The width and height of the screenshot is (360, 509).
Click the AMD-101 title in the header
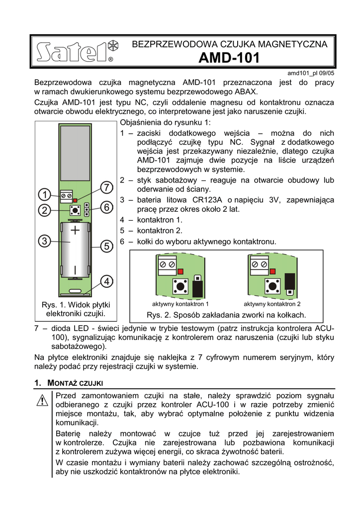(x=229, y=58)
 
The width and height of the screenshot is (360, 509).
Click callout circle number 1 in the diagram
(x=44, y=194)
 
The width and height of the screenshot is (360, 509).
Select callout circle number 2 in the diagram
(x=44, y=210)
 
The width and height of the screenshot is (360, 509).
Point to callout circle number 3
(x=44, y=241)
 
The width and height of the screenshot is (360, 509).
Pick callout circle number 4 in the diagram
(x=106, y=281)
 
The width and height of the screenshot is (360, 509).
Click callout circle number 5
(x=106, y=246)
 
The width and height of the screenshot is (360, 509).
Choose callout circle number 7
(x=106, y=187)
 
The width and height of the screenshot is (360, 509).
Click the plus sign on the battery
(x=75, y=230)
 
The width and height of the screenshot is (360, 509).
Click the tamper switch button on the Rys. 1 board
(x=75, y=210)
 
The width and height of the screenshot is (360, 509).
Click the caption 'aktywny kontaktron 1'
(x=180, y=304)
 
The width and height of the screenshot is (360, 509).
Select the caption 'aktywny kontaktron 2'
(x=272, y=304)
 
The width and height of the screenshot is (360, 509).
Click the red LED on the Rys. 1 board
(x=75, y=199)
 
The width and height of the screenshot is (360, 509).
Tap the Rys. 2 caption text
(x=226, y=315)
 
